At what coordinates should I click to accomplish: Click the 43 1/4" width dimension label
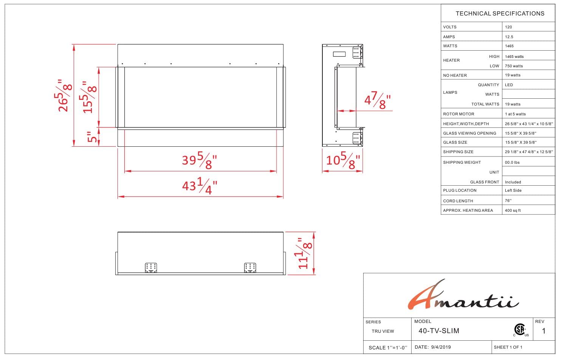pos(200,186)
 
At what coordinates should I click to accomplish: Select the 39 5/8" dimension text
pos(200,160)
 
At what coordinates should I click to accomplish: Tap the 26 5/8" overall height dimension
pos(63,96)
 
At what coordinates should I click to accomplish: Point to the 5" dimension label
pos(92,137)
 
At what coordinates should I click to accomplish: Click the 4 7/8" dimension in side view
pos(378,101)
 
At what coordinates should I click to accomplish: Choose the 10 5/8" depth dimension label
pos(343,160)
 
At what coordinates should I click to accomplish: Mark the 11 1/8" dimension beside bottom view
pos(303,253)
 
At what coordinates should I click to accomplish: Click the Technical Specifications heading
pos(500,14)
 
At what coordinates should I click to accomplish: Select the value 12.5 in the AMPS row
pos(509,37)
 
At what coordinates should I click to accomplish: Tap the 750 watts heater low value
pos(514,66)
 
